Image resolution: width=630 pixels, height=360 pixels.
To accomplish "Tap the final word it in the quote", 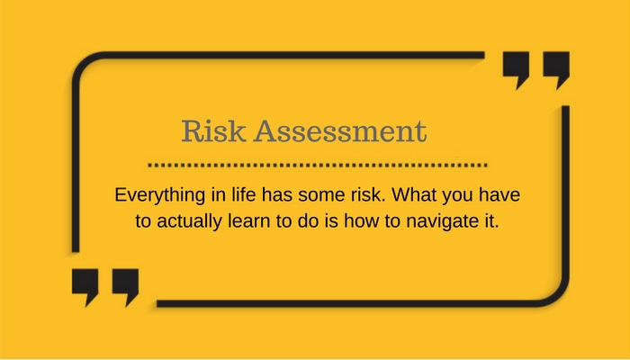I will [491, 221].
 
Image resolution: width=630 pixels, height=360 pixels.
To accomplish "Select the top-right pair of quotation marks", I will [535, 70].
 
